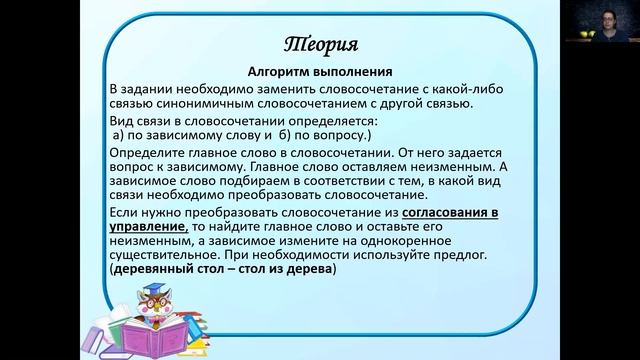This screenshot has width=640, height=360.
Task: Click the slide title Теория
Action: (320, 45)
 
